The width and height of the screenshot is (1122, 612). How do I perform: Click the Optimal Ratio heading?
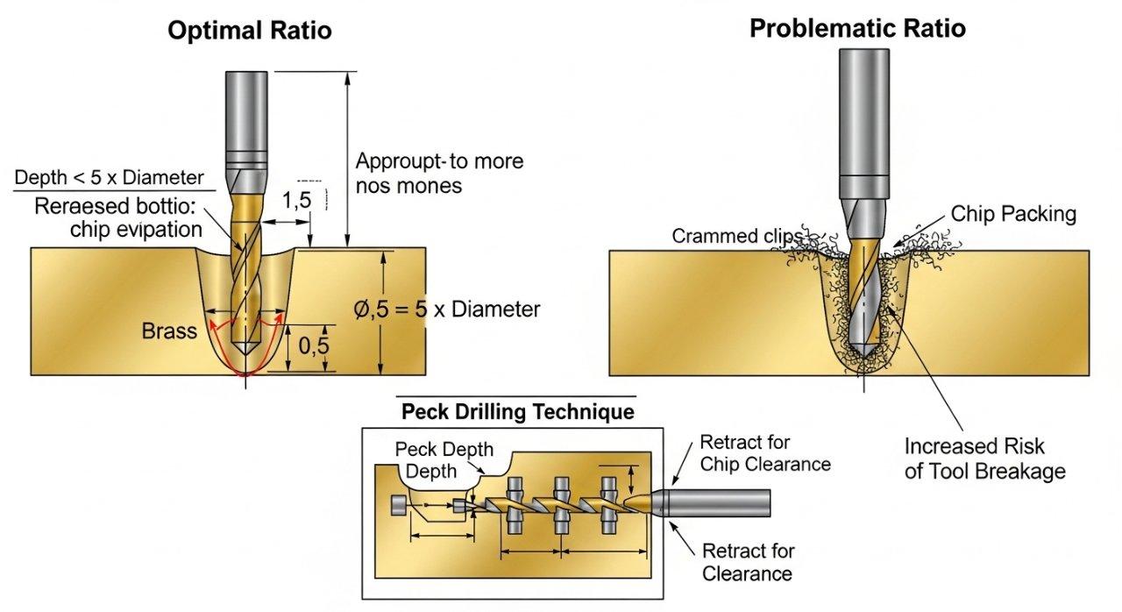pyautogui.click(x=250, y=31)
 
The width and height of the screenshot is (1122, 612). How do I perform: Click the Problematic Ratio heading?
pyautogui.click(x=857, y=28)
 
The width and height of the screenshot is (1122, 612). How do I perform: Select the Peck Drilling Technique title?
pyautogui.click(x=517, y=411)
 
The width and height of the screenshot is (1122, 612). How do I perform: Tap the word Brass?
pyautogui.click(x=168, y=331)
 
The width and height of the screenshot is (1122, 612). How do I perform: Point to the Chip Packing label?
pyautogui.click(x=1013, y=214)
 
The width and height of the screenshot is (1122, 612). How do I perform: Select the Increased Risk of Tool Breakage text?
pyautogui.click(x=984, y=459)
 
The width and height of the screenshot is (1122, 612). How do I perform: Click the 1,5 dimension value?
pyautogui.click(x=296, y=199)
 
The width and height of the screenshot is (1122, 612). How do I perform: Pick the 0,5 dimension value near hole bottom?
pyautogui.click(x=313, y=345)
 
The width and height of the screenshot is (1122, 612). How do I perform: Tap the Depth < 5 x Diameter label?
pyautogui.click(x=109, y=178)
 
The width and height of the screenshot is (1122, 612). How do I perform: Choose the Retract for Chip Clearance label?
pyautogui.click(x=764, y=453)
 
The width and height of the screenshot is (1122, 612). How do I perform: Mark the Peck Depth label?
pyautogui.click(x=444, y=450)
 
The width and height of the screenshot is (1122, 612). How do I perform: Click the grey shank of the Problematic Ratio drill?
pyautogui.click(x=865, y=123)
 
